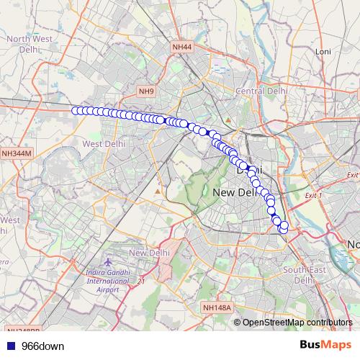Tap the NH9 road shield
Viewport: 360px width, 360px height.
point(147,91)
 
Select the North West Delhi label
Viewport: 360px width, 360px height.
point(26,45)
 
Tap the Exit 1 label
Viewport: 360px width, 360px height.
point(313,196)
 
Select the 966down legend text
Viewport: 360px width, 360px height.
point(42,346)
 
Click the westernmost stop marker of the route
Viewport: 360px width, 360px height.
point(75,110)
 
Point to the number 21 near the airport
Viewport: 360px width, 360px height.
point(142,281)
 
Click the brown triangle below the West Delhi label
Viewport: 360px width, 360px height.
point(157,192)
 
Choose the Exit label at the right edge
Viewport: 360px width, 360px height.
point(353,175)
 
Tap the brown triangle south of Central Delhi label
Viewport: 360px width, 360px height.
point(228,119)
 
